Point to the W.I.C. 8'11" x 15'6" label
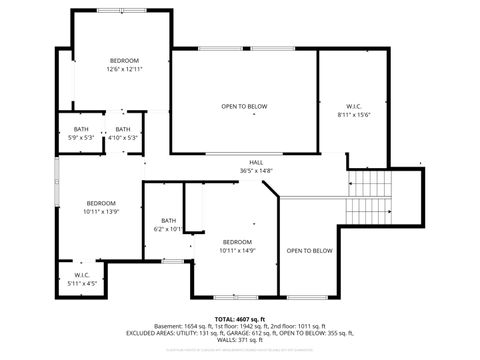pos(354,110)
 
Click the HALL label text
pos(256,163)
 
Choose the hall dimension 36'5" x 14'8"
pos(256,171)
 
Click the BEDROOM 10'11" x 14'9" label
pos(237,246)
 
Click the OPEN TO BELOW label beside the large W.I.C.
pos(244,106)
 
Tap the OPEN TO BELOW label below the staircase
pos(309,251)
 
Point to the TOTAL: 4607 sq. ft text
pos(240,318)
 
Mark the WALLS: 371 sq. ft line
pos(240,341)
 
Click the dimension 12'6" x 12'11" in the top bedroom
pos(124,69)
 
